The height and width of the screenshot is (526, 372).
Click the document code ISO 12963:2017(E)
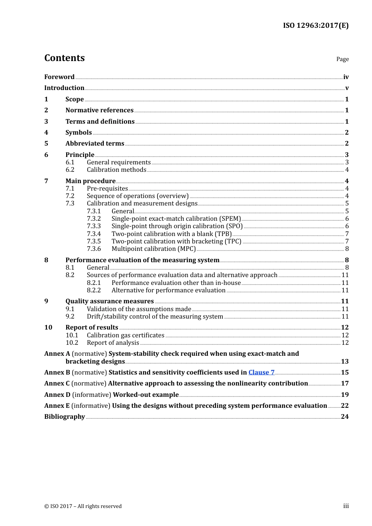316,25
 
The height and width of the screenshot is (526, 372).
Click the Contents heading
65,58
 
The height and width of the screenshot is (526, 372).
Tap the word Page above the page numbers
342,59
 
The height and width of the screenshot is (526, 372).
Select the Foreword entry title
59,77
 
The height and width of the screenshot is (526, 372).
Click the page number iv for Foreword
346,77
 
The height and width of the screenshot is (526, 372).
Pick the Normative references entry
99,110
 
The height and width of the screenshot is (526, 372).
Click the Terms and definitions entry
100,122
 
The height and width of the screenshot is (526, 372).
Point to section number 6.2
70,170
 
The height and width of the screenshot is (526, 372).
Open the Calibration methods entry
117,170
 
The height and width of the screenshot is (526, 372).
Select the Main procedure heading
90,181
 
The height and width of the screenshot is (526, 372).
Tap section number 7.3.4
94,234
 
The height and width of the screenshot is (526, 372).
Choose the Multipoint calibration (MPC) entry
153,249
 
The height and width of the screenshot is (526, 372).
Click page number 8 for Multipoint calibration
347,249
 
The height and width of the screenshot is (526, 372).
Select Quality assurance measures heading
110,301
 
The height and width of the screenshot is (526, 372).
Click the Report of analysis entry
113,343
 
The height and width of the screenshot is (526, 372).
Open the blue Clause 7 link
261,373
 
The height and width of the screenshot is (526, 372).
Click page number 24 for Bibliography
345,417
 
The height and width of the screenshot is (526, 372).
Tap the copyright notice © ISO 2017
83,506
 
